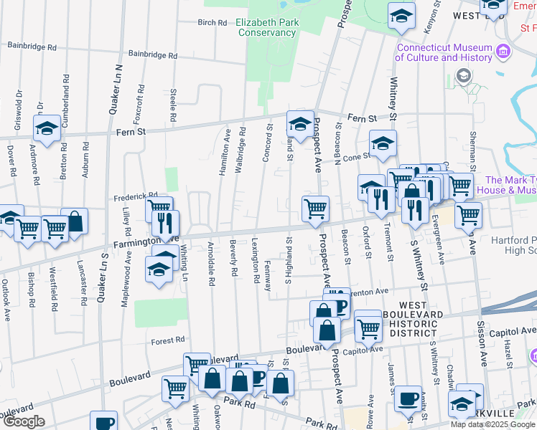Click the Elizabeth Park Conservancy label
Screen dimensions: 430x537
[x=268, y=27]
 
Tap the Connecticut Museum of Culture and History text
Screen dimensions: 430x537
[x=445, y=52]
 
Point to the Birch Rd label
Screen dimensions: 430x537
[x=213, y=22]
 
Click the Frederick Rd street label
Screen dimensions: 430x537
[x=134, y=196]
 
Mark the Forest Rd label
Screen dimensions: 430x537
[x=168, y=341]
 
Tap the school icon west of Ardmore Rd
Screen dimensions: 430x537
[x=47, y=130]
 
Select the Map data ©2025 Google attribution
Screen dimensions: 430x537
[x=493, y=424]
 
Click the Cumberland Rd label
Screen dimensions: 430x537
[x=65, y=102]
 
